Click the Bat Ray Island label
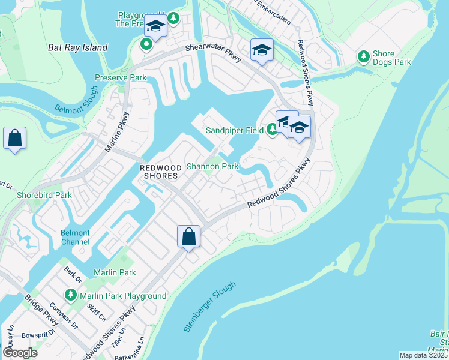(78, 47)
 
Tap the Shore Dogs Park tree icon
(363, 56)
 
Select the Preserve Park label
(121, 78)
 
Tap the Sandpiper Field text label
(235, 130)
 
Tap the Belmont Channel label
(75, 238)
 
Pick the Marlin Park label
(115, 272)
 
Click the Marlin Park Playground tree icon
(71, 295)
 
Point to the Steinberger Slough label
(209, 307)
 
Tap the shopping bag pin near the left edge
(14, 139)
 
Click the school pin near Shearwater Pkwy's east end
(262, 50)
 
